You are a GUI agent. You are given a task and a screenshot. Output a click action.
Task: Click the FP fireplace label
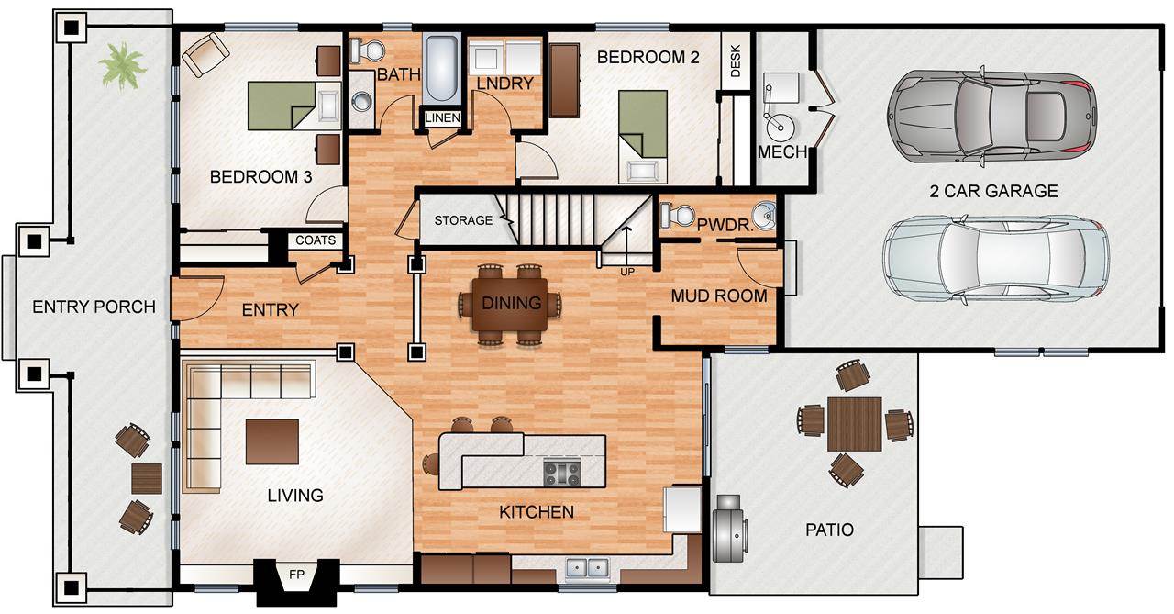coord(296,575)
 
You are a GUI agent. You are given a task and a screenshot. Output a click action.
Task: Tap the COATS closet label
coord(316,240)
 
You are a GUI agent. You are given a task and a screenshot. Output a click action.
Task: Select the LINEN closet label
coord(443,118)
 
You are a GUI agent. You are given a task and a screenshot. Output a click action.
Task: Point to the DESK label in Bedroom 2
coord(736,61)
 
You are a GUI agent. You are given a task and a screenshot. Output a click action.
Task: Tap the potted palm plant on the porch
coord(123,66)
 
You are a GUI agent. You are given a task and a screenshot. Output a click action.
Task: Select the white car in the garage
coord(996,259)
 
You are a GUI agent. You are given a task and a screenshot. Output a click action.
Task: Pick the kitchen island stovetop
coord(562,473)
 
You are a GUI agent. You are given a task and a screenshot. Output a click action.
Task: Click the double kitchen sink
coord(588,568)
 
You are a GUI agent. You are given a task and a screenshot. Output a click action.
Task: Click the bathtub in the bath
coord(442,68)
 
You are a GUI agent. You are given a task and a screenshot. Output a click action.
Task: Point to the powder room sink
coord(764,215)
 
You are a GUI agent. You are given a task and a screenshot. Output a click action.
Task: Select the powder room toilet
coord(677,215)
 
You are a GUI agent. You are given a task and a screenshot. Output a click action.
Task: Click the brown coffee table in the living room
coord(272,441)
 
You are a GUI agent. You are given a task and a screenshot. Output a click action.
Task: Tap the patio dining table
coord(855,424)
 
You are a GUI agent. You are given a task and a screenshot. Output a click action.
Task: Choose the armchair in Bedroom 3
coord(205,54)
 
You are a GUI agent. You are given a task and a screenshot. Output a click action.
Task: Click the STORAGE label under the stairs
coord(463,220)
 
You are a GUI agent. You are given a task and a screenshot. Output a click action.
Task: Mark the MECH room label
coord(782,152)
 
